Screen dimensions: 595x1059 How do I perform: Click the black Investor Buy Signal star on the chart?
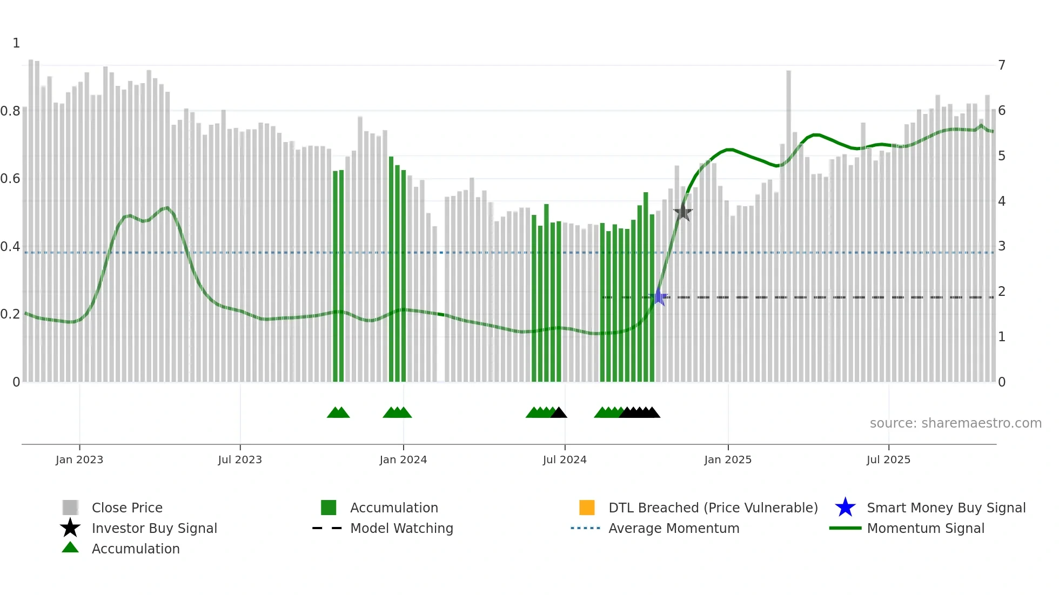[683, 212]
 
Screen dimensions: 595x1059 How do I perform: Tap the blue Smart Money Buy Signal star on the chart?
[659, 297]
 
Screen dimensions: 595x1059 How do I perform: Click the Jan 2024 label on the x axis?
[403, 459]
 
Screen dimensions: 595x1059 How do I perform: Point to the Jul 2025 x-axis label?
[888, 459]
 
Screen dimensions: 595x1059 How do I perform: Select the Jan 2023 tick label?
[79, 459]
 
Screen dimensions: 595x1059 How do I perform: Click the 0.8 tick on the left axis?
[10, 111]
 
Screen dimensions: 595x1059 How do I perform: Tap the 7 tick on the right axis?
[1002, 65]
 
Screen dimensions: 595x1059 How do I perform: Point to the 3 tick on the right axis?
[1002, 246]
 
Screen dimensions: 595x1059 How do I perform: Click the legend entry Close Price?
[127, 508]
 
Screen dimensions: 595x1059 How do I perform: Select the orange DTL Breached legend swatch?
[587, 508]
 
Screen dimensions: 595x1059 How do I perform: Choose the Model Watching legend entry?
[401, 528]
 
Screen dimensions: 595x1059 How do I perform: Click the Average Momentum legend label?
[674, 528]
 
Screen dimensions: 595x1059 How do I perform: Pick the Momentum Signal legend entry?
[926, 528]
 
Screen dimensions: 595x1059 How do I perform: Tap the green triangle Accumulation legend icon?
[70, 547]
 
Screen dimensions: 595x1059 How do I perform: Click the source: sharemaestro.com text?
[955, 423]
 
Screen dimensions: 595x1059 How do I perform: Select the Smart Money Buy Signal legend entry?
[946, 508]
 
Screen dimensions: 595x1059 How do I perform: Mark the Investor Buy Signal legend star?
[70, 528]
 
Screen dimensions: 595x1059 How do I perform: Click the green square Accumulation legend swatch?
[329, 508]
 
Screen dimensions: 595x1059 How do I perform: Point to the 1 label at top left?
[16, 43]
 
